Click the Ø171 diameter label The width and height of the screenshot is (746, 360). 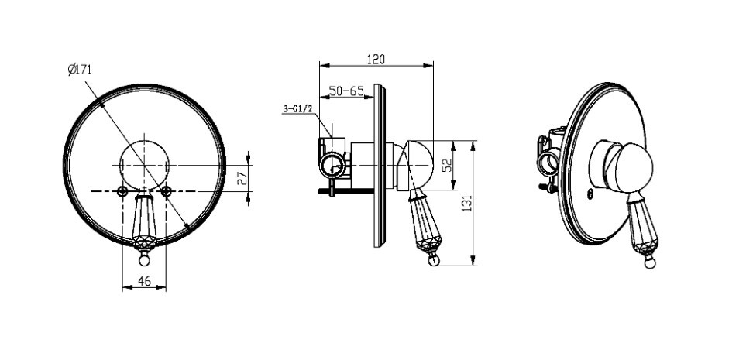[x=80, y=70]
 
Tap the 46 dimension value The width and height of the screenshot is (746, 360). [x=144, y=281]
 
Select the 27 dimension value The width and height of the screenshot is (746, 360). [x=242, y=178]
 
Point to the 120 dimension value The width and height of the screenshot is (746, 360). [x=376, y=59]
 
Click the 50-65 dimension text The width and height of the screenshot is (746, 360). [x=346, y=91]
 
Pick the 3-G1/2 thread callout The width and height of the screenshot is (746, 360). [x=297, y=109]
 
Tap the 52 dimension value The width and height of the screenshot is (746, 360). [x=447, y=165]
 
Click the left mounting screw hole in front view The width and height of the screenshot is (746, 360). [x=122, y=191]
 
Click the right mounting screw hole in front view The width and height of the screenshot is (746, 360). [x=166, y=191]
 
